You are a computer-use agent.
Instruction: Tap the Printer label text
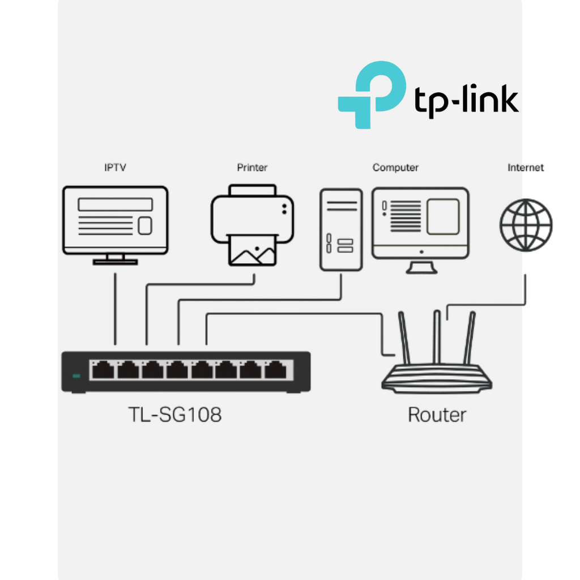coord(252,168)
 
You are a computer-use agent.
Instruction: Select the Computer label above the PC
coord(395,168)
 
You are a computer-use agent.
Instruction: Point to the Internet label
coord(526,168)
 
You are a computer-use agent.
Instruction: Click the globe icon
coord(526,225)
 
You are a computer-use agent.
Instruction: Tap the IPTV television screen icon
coord(115,220)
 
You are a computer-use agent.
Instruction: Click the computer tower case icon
coord(340,229)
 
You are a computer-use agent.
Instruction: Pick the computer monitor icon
coord(420,224)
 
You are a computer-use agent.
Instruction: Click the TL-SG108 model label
coord(174,415)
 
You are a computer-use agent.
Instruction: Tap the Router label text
coord(437,415)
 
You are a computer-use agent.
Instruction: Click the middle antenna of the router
coord(437,336)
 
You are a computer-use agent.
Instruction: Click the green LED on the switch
coord(76,376)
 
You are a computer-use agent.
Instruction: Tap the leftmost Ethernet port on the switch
coord(103,370)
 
